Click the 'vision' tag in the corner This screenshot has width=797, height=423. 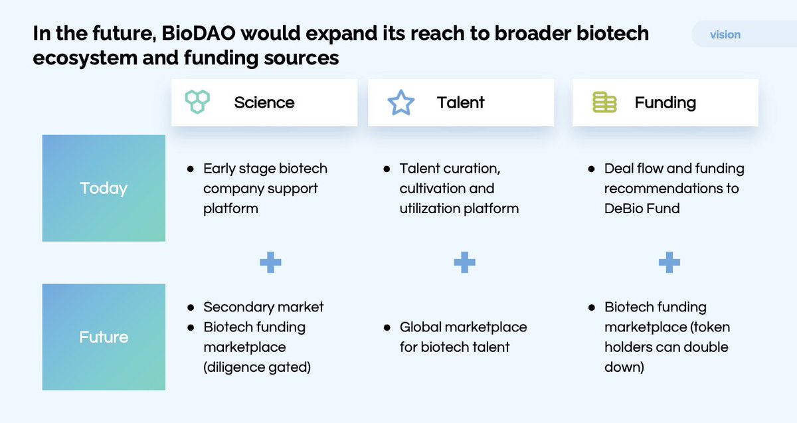click(725, 35)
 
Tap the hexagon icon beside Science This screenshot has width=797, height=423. click(197, 102)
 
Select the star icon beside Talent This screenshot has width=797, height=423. click(400, 103)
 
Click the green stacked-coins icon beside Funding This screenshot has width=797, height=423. click(604, 102)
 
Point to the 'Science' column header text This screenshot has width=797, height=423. click(264, 103)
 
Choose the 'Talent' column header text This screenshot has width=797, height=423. click(460, 103)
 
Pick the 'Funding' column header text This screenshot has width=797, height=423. click(665, 103)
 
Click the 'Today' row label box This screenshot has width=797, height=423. click(104, 188)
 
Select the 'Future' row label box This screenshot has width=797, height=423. click(104, 337)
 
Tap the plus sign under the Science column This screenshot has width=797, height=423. click(270, 262)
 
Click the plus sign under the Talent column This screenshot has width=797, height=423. click(464, 262)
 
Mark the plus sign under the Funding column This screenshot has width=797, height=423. click(669, 262)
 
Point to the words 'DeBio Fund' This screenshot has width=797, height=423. click(642, 209)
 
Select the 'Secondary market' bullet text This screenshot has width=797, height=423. click(263, 307)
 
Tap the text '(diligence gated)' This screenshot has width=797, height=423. click(257, 367)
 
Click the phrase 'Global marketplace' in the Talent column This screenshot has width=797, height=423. click(463, 327)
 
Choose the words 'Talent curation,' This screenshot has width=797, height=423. click(449, 169)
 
